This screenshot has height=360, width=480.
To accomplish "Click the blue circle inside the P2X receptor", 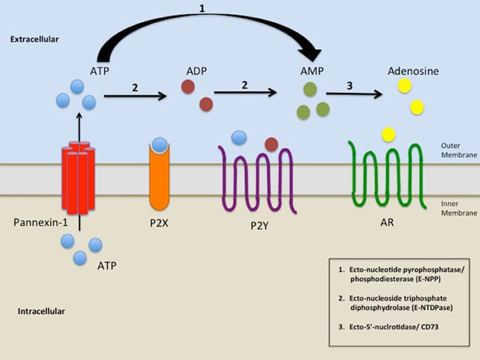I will pos(159,144).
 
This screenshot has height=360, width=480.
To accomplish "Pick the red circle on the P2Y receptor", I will pos(272,144).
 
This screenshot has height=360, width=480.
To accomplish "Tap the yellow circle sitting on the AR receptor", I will pos(388,134).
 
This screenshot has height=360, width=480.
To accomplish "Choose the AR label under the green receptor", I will pos(386,222).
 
